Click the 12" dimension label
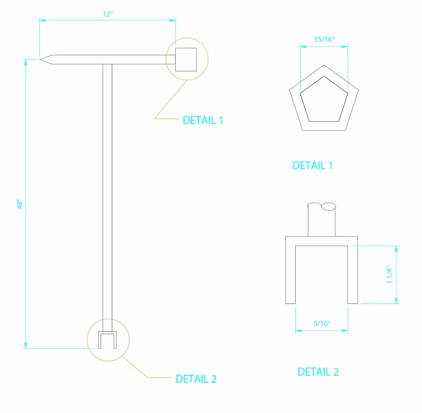[x=108, y=14]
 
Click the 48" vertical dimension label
[x=20, y=204]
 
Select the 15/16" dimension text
[x=324, y=39]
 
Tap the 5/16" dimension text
[x=321, y=323]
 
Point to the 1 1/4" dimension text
[x=389, y=275]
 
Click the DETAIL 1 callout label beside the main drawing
[x=203, y=120]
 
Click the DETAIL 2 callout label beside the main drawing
[x=196, y=379]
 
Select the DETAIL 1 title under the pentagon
[x=313, y=165]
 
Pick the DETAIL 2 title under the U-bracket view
[x=318, y=372]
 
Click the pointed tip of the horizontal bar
[x=40, y=59]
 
